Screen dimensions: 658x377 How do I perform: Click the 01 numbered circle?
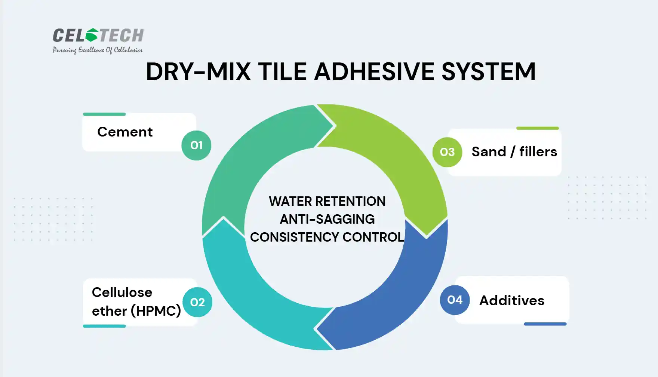pos(196,145)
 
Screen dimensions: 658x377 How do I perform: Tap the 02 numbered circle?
pos(197,302)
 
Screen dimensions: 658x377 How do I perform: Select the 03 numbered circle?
pos(447,152)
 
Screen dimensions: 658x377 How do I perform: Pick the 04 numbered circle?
pos(455,300)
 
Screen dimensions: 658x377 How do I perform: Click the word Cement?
pos(125,132)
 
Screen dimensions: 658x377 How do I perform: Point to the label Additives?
pos(512,300)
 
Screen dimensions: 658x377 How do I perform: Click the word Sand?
pos(489,152)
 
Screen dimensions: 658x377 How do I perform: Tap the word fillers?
pos(538,151)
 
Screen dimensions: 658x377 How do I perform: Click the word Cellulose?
pos(122,292)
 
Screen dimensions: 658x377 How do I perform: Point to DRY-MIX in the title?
pos(198,71)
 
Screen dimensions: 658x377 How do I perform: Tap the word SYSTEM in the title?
pos(489,71)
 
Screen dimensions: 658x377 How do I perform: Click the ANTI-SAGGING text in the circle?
pos(327,219)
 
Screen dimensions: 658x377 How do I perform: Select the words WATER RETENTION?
pos(327,201)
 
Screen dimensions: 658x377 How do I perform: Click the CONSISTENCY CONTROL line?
pos(327,237)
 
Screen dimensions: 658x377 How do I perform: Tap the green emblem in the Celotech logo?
pos(92,35)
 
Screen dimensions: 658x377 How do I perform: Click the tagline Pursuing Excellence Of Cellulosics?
pos(98,50)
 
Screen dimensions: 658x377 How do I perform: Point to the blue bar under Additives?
pos(545,324)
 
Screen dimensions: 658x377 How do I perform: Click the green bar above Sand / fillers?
pos(538,128)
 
